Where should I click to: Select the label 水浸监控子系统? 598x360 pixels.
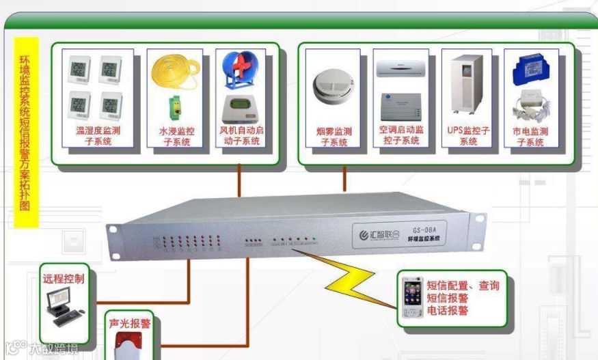click(x=176, y=136)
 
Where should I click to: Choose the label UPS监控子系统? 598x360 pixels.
click(x=468, y=135)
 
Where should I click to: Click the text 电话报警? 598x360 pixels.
click(x=448, y=310)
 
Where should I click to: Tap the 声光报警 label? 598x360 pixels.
click(x=130, y=323)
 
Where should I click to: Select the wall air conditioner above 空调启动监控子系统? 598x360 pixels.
click(x=401, y=68)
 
